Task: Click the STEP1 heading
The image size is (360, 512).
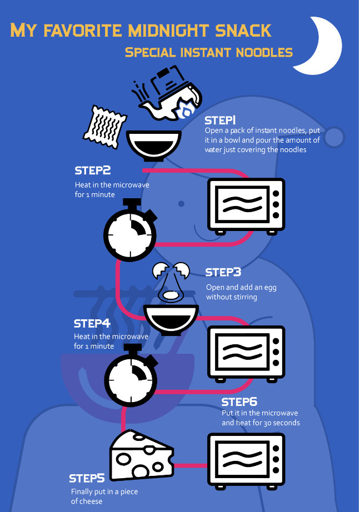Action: pos(221,121)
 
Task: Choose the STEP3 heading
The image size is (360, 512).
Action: pos(223,272)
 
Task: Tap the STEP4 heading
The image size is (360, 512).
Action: pos(92,323)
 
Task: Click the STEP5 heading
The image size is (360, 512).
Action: pos(87,478)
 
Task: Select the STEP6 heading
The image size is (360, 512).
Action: pos(239,402)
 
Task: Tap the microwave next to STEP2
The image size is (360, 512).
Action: pos(246,204)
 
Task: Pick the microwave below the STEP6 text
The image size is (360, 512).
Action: pos(246,459)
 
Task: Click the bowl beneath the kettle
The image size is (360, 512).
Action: pos(154,144)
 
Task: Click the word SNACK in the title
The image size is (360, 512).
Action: pos(242,30)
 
